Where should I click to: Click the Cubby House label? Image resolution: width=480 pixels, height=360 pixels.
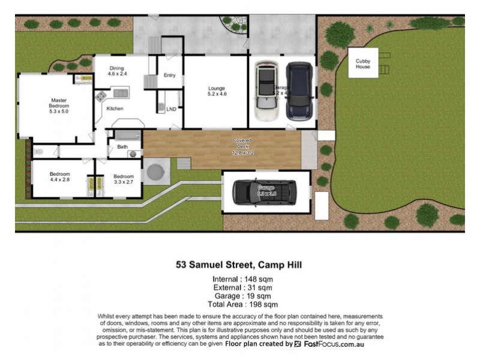coord(363,64)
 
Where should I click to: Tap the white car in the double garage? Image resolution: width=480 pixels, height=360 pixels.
coord(265,91)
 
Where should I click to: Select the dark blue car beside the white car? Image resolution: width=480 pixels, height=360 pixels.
coord(299,91)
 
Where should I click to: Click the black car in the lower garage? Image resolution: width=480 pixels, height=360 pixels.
coord(265,191)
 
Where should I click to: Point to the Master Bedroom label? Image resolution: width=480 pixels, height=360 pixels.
coord(58,106)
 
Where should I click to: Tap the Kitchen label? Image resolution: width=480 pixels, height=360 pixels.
coord(115,109)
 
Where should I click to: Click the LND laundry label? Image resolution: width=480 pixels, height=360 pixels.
coord(171,109)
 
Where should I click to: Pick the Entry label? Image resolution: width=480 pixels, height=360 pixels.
coord(169,76)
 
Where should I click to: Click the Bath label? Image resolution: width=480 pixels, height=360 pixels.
coord(122,146)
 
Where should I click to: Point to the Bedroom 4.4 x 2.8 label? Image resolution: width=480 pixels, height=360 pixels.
coord(60,177)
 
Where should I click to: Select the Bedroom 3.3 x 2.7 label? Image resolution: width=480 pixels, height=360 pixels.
coord(124,179)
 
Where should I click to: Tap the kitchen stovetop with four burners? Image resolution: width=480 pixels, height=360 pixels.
coord(101,95)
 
